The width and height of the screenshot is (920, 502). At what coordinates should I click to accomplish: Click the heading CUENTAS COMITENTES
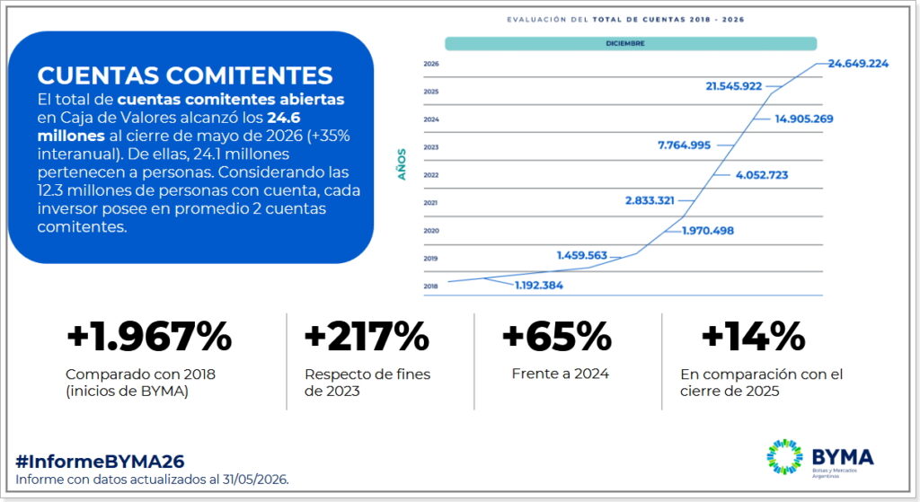[185, 75]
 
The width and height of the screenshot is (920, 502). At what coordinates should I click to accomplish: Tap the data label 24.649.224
[858, 64]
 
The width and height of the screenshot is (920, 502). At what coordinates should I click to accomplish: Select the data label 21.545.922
[733, 86]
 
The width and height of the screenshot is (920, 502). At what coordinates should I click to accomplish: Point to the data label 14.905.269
[804, 119]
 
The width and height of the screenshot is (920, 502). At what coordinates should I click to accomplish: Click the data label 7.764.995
[684, 145]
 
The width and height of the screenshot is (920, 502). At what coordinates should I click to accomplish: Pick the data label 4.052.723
[762, 175]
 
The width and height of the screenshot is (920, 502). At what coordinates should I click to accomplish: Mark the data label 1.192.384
[539, 286]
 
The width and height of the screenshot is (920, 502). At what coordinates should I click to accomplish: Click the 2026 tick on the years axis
[431, 64]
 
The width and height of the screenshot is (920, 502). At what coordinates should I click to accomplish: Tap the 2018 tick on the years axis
[430, 286]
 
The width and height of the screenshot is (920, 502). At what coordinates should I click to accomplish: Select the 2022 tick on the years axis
[431, 175]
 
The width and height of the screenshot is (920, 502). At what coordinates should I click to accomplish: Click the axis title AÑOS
[402, 164]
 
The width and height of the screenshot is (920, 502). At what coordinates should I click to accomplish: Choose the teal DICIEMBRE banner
[631, 43]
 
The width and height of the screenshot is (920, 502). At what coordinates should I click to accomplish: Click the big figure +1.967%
[149, 337]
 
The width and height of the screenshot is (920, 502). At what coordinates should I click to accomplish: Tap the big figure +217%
[367, 337]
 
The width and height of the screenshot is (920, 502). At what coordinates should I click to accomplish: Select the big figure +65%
[557, 337]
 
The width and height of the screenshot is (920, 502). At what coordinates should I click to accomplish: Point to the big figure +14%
[754, 337]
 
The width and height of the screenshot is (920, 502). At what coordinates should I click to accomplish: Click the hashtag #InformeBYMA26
[100, 462]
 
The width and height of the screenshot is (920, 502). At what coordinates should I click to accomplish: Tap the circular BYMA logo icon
[784, 456]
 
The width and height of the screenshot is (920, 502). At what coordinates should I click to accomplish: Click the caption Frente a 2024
[561, 374]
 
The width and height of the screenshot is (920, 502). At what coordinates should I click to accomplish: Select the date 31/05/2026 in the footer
[254, 480]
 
